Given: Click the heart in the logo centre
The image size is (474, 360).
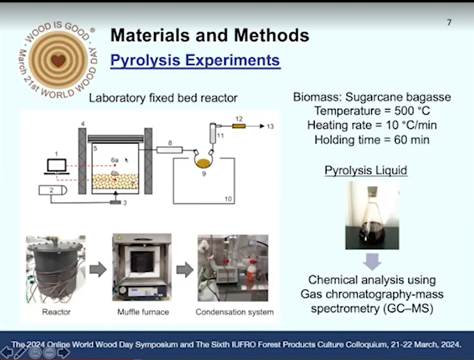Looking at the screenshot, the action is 58,61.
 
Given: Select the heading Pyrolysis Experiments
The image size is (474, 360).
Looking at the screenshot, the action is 195,60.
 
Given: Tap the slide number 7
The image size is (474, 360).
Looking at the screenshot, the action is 449,22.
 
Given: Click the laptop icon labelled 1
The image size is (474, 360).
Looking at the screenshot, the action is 56,167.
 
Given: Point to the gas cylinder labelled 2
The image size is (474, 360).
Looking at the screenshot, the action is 53,190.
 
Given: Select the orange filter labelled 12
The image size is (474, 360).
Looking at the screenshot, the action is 239,126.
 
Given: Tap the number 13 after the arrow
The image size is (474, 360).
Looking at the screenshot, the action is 270,126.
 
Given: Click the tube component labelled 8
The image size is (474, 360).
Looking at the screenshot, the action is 169,149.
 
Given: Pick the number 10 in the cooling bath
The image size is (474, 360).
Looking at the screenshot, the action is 228,199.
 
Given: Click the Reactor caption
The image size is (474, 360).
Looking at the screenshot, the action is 56,312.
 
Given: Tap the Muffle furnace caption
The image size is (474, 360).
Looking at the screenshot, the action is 143,312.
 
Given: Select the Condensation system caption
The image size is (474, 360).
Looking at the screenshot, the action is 234,312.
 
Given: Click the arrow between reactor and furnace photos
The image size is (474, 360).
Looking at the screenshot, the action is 98,269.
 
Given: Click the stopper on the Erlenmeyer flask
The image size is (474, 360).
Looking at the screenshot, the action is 373,191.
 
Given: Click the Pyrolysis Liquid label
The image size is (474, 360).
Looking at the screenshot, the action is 366,170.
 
